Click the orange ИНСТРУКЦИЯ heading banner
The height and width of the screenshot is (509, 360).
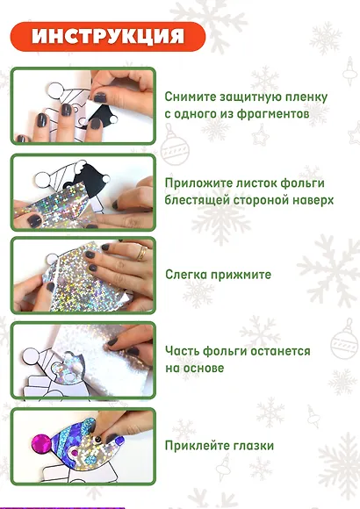tap(108, 36)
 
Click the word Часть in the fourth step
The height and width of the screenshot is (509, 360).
tap(183, 351)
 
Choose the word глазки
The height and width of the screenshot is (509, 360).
tap(253, 446)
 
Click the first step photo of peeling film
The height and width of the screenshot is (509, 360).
tap(83, 105)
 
